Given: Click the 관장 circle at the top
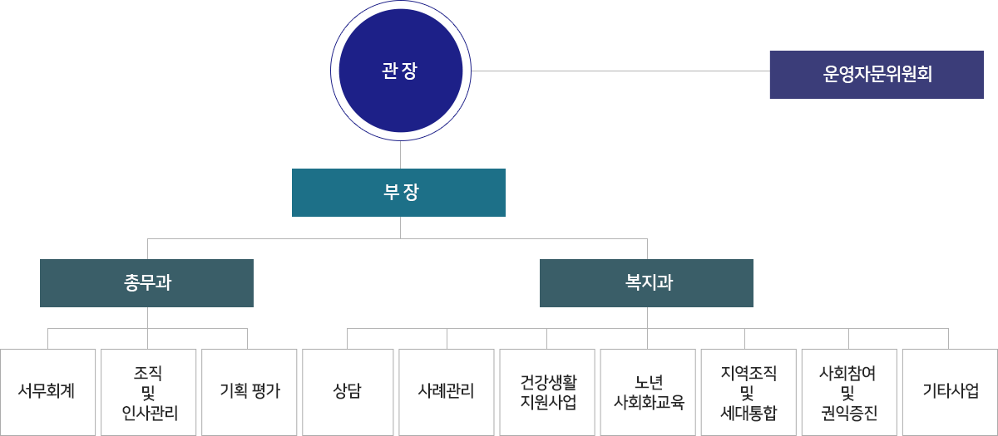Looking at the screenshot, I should [x=399, y=71].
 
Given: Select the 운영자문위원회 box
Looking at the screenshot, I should [x=877, y=75].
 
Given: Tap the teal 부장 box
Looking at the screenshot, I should [x=398, y=193].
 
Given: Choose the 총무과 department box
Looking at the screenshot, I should [x=146, y=282].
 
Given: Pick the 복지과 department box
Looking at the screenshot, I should [x=646, y=282].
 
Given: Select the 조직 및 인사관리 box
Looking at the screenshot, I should [x=148, y=391].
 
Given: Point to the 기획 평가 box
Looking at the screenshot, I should [x=249, y=391].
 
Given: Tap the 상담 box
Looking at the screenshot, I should [x=348, y=391].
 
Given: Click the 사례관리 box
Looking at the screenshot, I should [x=446, y=391].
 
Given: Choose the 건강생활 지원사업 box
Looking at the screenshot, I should [x=548, y=391].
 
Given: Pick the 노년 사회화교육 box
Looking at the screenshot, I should [x=648, y=391].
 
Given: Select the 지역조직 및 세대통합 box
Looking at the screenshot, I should [x=748, y=391].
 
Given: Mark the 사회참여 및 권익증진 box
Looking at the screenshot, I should [x=847, y=391].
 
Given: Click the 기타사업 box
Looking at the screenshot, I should [x=950, y=391].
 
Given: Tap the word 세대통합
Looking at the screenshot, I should [x=748, y=411].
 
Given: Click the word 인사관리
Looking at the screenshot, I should [x=149, y=411].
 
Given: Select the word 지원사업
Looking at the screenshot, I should [x=548, y=402].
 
